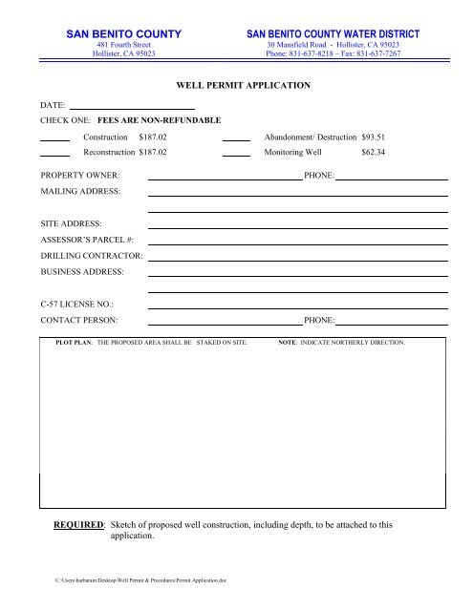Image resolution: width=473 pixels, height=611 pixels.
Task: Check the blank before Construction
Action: tap(54, 141)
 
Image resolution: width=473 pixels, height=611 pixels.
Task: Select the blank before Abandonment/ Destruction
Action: tap(236, 141)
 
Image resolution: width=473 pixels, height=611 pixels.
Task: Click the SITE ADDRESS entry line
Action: tap(298, 227)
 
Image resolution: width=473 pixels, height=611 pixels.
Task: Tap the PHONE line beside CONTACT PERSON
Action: tap(391, 325)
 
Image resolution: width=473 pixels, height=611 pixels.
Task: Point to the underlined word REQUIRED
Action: tap(77, 526)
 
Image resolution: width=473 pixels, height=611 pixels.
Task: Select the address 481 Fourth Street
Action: tap(123, 45)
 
